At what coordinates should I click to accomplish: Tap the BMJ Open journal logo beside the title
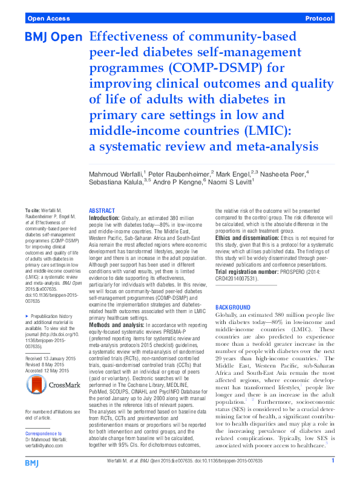click(53, 38)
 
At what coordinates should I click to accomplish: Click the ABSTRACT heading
click(101, 209)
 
